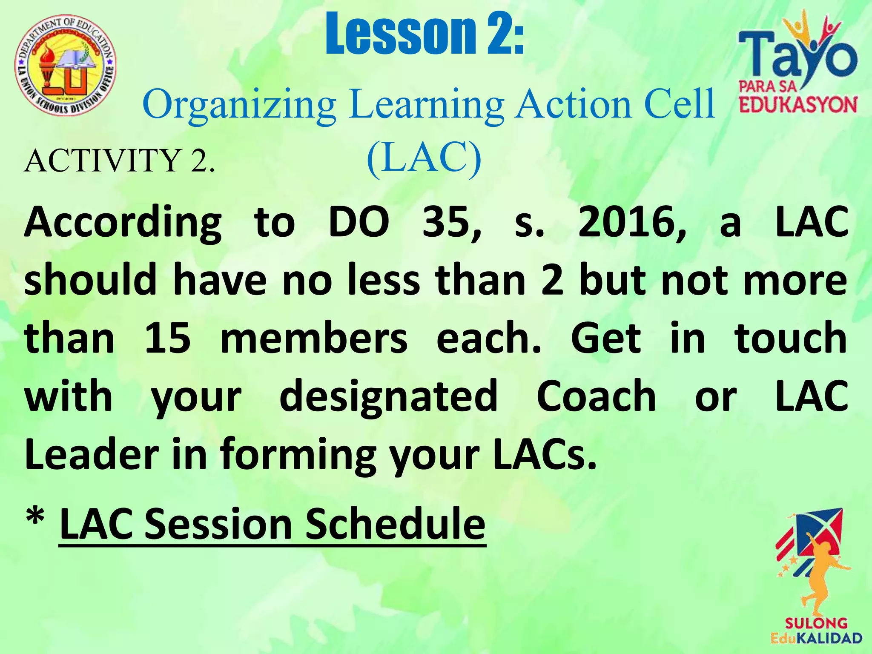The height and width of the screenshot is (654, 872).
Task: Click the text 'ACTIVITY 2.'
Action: point(120,161)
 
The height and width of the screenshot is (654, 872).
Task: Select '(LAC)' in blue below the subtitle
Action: point(424,158)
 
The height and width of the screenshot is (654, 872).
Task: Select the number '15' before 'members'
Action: point(167,338)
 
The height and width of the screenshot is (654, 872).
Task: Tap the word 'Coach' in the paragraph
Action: point(596,397)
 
